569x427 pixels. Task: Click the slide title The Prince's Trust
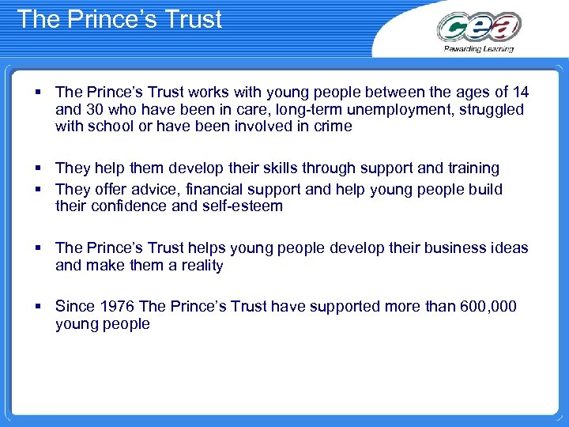119,19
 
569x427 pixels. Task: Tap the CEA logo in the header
479,28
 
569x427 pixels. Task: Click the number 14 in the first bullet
520,91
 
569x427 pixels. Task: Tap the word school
113,127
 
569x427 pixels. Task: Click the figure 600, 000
488,306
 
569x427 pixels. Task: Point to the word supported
345,306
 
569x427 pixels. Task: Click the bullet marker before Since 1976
38,306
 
